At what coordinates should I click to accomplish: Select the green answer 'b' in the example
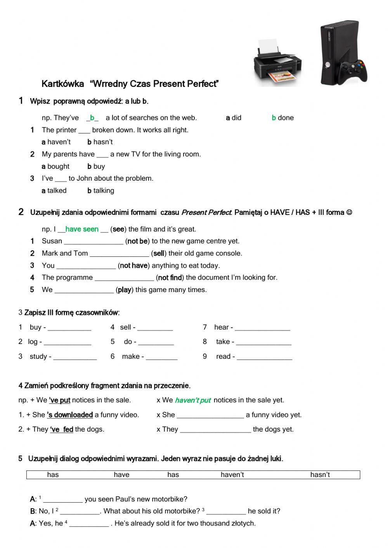(x=92, y=118)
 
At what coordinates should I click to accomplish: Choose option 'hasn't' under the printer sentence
(x=100, y=142)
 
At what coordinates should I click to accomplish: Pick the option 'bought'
(x=55, y=166)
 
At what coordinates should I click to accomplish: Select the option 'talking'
(x=101, y=191)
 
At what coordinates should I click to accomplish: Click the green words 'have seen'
(x=82, y=229)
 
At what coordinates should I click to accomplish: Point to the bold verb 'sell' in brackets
(x=159, y=254)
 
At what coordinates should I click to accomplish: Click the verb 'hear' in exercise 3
(x=221, y=327)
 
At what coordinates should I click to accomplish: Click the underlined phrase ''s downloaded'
(x=70, y=415)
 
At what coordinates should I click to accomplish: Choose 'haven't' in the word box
(x=232, y=475)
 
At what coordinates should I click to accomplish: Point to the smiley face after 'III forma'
(x=349, y=213)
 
